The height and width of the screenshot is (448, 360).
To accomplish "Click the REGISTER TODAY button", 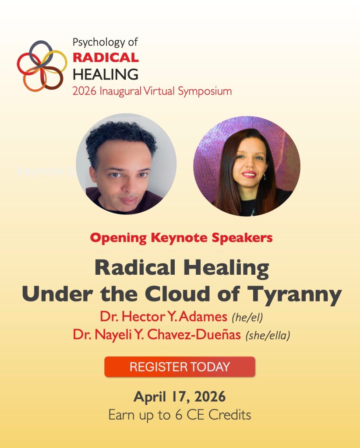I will [x=180, y=367].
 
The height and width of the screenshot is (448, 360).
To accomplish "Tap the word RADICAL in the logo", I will [x=105, y=57].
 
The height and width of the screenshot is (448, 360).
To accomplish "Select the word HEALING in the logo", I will [x=105, y=73].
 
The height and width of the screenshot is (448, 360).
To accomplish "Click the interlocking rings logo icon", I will [x=42, y=66].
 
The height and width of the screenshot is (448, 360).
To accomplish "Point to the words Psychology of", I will [x=105, y=43].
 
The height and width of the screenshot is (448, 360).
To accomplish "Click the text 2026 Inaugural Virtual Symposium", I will [x=152, y=91].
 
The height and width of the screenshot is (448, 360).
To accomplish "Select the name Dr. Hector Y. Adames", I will [x=162, y=317].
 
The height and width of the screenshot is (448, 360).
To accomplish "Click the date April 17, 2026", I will [x=180, y=397].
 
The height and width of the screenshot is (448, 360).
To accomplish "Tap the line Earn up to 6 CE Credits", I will [x=180, y=414].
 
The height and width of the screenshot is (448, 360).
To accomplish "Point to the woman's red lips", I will [x=249, y=175].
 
